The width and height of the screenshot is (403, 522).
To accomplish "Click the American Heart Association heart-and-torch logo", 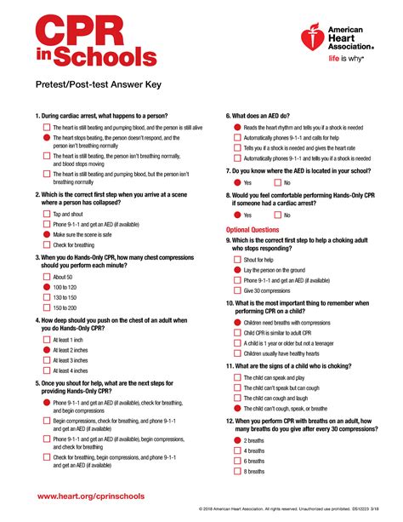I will click(x=313, y=39).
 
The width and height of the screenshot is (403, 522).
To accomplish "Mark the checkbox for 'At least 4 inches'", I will click(x=46, y=371).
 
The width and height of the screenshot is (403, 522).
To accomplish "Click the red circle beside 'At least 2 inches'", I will click(x=46, y=350).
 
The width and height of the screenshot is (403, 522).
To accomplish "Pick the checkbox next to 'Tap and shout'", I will click(x=46, y=214).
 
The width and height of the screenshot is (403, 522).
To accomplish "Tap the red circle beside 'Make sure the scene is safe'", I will click(x=46, y=234).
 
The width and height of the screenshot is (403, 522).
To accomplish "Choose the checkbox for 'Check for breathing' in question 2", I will click(x=46, y=245).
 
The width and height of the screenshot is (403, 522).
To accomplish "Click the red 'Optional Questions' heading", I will click(x=252, y=230).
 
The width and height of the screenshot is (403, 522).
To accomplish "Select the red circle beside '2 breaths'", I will click(x=236, y=441).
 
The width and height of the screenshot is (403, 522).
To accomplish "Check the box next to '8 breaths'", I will click(x=236, y=472).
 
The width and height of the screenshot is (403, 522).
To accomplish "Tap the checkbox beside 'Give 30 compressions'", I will click(x=236, y=290).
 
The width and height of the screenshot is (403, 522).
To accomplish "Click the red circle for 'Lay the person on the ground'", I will click(x=236, y=270).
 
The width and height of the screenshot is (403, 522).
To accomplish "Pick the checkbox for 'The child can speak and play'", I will click(x=236, y=377).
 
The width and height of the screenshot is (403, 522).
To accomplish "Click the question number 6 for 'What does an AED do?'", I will click(x=229, y=115).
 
